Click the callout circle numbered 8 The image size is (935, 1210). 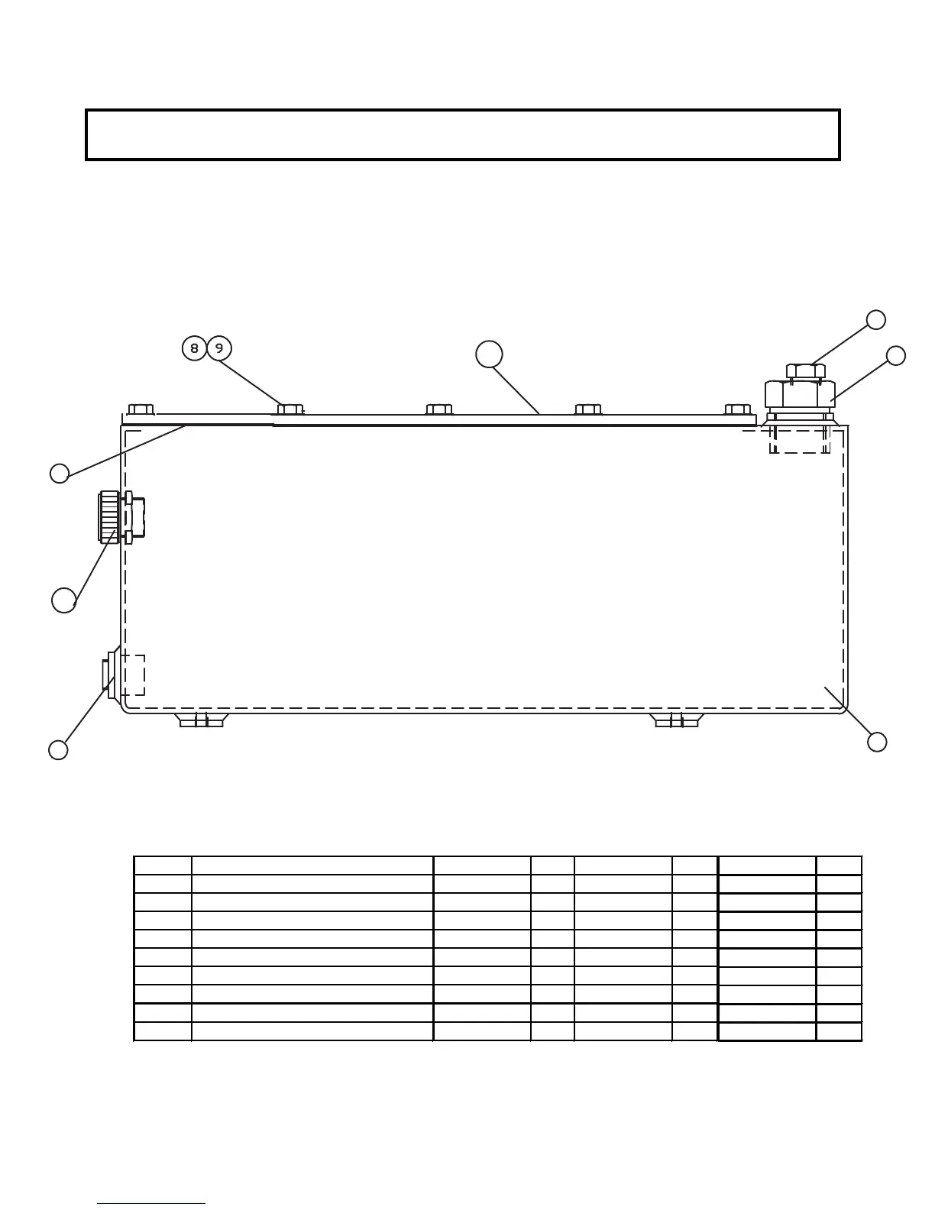194,348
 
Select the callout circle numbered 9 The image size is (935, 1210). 219,348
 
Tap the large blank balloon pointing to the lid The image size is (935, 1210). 489,354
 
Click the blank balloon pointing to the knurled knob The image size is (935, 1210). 64,600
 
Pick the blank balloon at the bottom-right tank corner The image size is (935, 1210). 877,742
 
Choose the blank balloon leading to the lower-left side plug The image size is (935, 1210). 58,750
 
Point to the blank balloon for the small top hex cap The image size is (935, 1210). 876,319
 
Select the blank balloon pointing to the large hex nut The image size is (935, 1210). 896,355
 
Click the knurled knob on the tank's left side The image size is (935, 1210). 109,517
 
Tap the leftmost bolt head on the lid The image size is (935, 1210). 141,409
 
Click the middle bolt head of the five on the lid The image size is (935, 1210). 439,409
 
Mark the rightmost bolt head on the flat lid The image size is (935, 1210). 737,409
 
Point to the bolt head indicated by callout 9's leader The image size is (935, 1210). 290,409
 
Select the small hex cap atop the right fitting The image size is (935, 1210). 806,371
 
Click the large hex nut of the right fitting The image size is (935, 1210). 800,394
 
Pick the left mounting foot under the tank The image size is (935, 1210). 201,720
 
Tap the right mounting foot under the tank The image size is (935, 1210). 677,720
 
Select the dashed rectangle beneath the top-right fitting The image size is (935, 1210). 800,441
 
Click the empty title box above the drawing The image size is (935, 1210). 463,134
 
